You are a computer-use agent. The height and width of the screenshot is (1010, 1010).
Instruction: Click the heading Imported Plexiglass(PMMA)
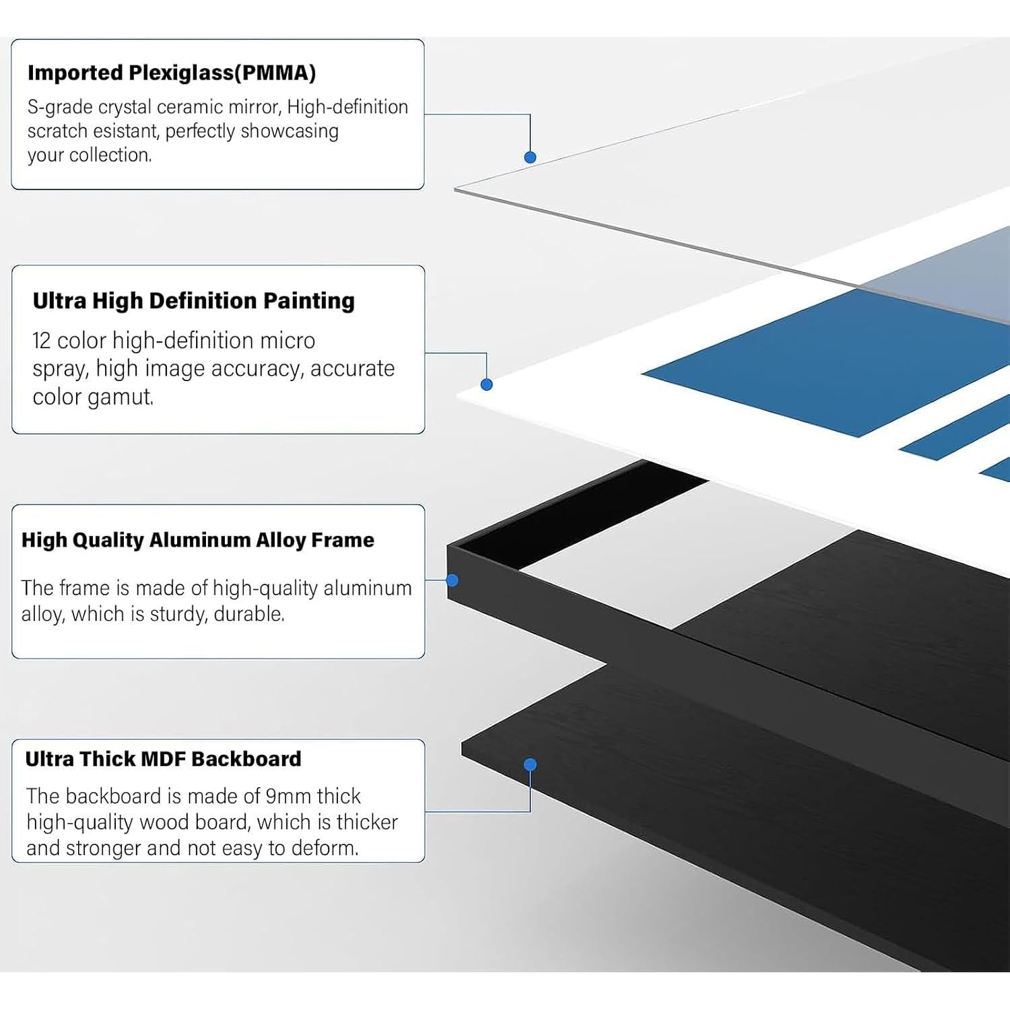(172, 73)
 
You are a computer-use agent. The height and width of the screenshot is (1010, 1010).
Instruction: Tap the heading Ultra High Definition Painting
(194, 300)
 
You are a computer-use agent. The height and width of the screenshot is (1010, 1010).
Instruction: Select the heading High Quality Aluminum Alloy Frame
(198, 540)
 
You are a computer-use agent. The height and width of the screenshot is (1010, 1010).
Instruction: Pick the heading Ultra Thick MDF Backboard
(163, 759)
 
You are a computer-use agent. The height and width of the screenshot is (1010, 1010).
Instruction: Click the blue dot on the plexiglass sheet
(530, 157)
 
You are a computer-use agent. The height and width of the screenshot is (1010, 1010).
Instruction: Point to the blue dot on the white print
(487, 384)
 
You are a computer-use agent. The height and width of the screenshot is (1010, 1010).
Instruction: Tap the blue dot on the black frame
(452, 580)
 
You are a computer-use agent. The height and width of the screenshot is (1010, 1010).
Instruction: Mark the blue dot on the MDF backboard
(530, 764)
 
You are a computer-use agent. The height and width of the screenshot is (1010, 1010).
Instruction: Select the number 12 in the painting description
(42, 341)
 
